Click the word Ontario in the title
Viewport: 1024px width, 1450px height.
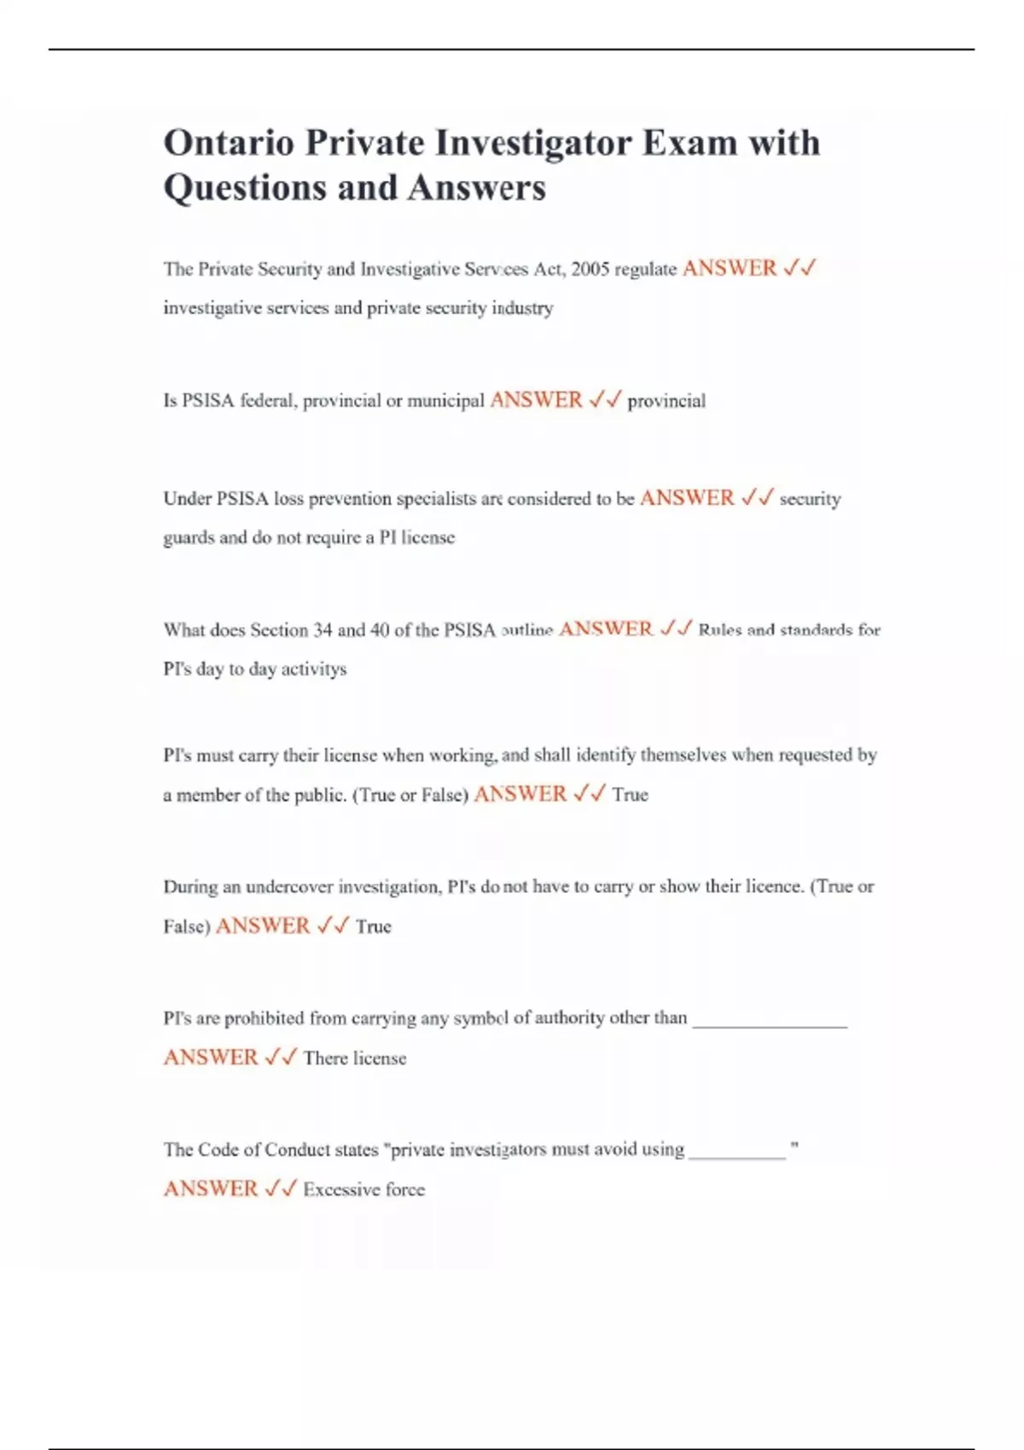[x=228, y=142]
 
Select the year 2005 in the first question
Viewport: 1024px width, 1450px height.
[x=591, y=270]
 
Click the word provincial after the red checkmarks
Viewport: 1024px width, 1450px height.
[x=666, y=401]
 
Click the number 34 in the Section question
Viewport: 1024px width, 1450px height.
[x=323, y=630]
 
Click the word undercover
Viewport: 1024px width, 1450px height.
[x=289, y=887]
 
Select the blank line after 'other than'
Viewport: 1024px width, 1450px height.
[x=770, y=1024]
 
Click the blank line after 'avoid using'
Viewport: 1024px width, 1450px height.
[x=736, y=1155]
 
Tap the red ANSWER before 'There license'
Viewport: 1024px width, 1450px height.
[x=211, y=1058]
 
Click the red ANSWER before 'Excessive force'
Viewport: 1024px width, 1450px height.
[x=211, y=1189]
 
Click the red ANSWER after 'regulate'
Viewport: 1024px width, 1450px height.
[x=730, y=269]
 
